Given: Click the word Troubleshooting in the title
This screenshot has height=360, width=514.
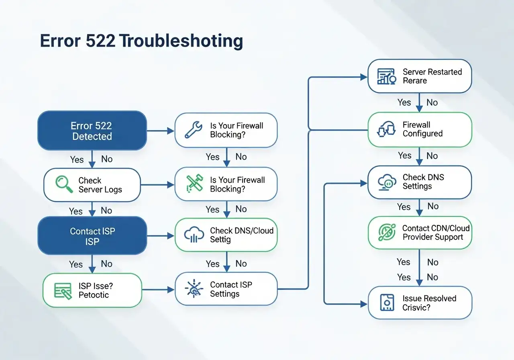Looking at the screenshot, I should pos(181,41).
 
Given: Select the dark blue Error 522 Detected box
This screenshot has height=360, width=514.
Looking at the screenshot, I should pos(92,131).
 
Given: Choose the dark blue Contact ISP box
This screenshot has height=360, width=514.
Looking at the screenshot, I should pos(92,236).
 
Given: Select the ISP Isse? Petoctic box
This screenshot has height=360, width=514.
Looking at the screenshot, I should pos(92,290).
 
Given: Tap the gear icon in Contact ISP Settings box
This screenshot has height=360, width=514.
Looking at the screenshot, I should pos(193,289).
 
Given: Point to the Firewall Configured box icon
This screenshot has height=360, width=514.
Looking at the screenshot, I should pos(386,129).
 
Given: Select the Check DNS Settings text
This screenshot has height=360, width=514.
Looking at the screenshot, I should pos(423,182).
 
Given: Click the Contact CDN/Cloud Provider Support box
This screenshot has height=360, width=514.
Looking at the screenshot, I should pos(420,233).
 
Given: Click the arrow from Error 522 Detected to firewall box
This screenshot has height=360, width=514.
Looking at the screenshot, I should pos(161,131).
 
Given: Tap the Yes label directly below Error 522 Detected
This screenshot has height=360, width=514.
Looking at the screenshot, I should pos(77,160).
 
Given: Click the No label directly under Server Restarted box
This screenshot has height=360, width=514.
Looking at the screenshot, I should pos(432,102).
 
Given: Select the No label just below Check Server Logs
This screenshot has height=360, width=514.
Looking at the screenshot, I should pos(106,211).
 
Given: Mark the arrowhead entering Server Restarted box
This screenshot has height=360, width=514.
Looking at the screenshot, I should pos(365,76).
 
